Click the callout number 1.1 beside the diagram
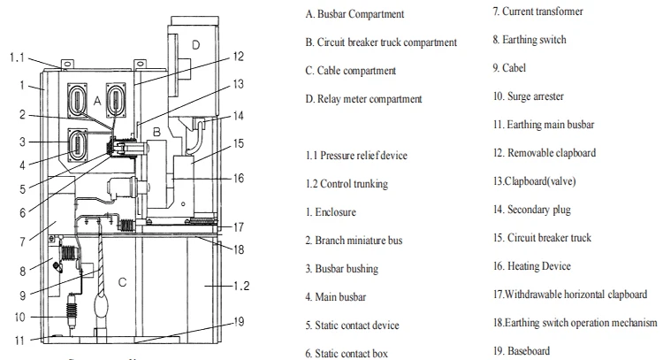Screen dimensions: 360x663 pyautogui.click(x=18, y=57)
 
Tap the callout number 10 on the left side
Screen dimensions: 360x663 pyautogui.click(x=18, y=315)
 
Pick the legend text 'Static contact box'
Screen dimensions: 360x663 pyautogui.click(x=359, y=354)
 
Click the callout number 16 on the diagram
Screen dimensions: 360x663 pyautogui.click(x=240, y=177)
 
